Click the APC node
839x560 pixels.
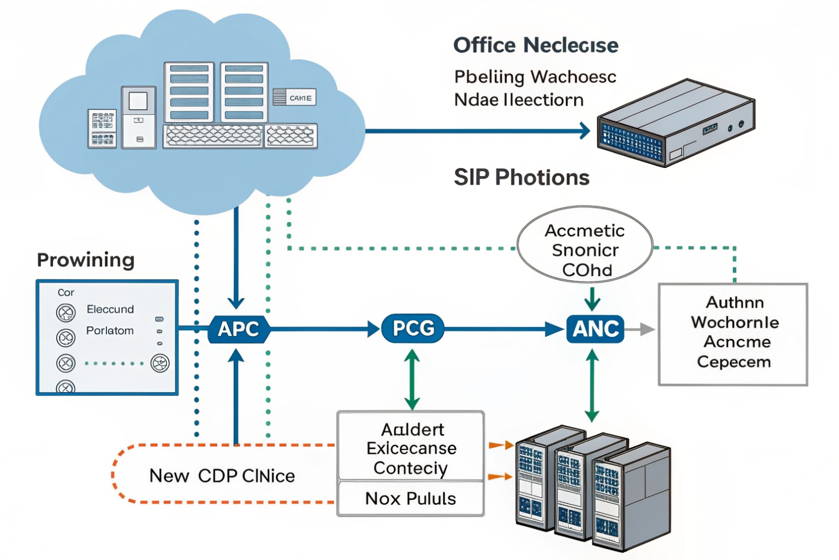click(238, 329)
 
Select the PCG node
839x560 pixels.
click(413, 329)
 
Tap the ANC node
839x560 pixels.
click(595, 329)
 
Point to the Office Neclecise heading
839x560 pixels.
click(535, 45)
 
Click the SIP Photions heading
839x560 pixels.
click(521, 177)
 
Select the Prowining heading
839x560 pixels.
click(85, 260)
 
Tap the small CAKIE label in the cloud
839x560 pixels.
click(300, 98)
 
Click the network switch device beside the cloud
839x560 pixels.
click(676, 123)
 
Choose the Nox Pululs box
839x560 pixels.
click(410, 499)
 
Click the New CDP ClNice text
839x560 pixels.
click(222, 476)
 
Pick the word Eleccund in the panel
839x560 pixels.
click(110, 309)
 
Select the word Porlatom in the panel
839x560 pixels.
click(110, 331)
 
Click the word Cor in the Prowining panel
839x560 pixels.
click(66, 293)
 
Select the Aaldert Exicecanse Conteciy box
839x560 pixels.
click(411, 448)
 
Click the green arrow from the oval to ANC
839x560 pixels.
click(592, 299)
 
